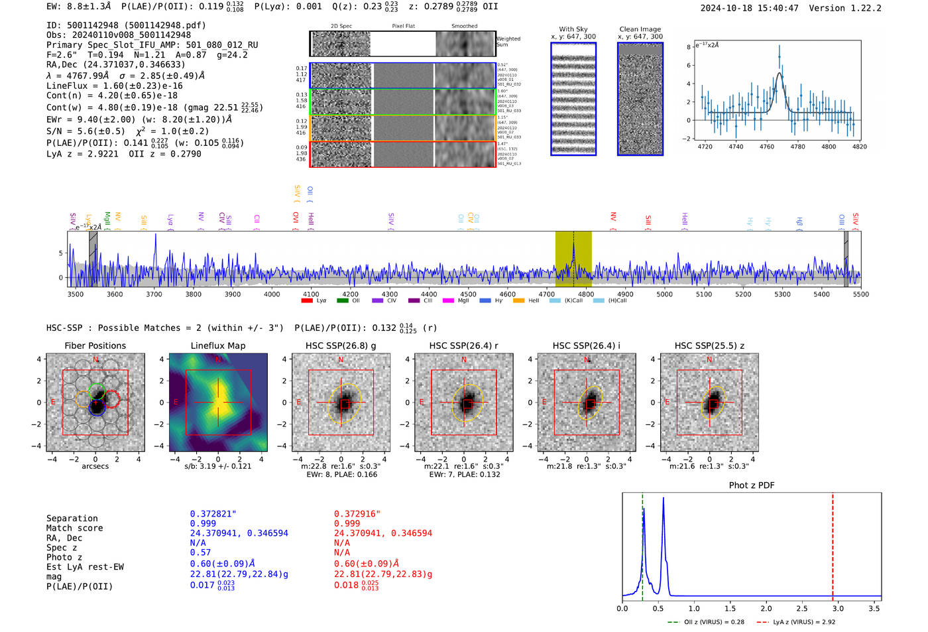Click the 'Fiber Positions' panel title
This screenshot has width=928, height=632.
tap(95, 346)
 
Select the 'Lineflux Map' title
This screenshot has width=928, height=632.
tap(217, 346)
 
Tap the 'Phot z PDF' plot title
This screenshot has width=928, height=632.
tap(751, 485)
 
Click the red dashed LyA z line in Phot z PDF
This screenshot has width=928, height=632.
tap(833, 544)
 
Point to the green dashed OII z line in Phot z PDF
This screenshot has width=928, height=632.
tap(642, 544)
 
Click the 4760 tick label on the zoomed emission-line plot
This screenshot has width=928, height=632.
tap(766, 147)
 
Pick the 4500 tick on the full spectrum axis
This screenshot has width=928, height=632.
tap(468, 294)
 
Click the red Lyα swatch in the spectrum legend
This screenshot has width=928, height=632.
tap(307, 301)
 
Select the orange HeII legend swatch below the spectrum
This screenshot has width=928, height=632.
tap(518, 301)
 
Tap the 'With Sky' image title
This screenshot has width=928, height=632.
tap(573, 29)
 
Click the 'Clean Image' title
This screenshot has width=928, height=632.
tap(640, 29)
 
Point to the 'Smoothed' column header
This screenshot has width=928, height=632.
tap(464, 27)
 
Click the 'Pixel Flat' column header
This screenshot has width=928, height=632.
tap(403, 27)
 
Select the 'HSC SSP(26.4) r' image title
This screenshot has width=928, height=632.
tap(463, 346)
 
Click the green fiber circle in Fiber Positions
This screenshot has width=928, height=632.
tap(97, 390)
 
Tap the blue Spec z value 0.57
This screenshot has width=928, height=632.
tap(200, 552)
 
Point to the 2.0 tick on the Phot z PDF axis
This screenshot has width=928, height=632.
tap(766, 608)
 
